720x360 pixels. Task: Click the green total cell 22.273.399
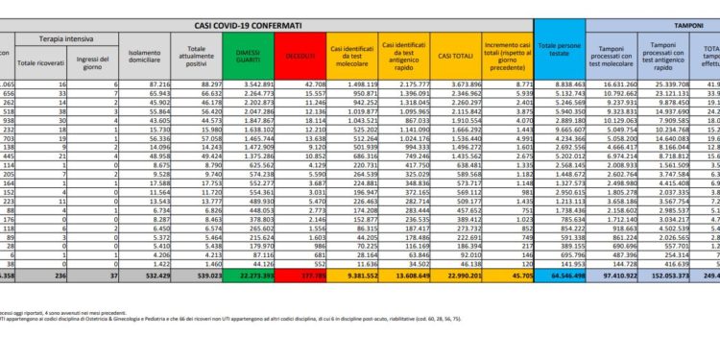click(249, 301)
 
